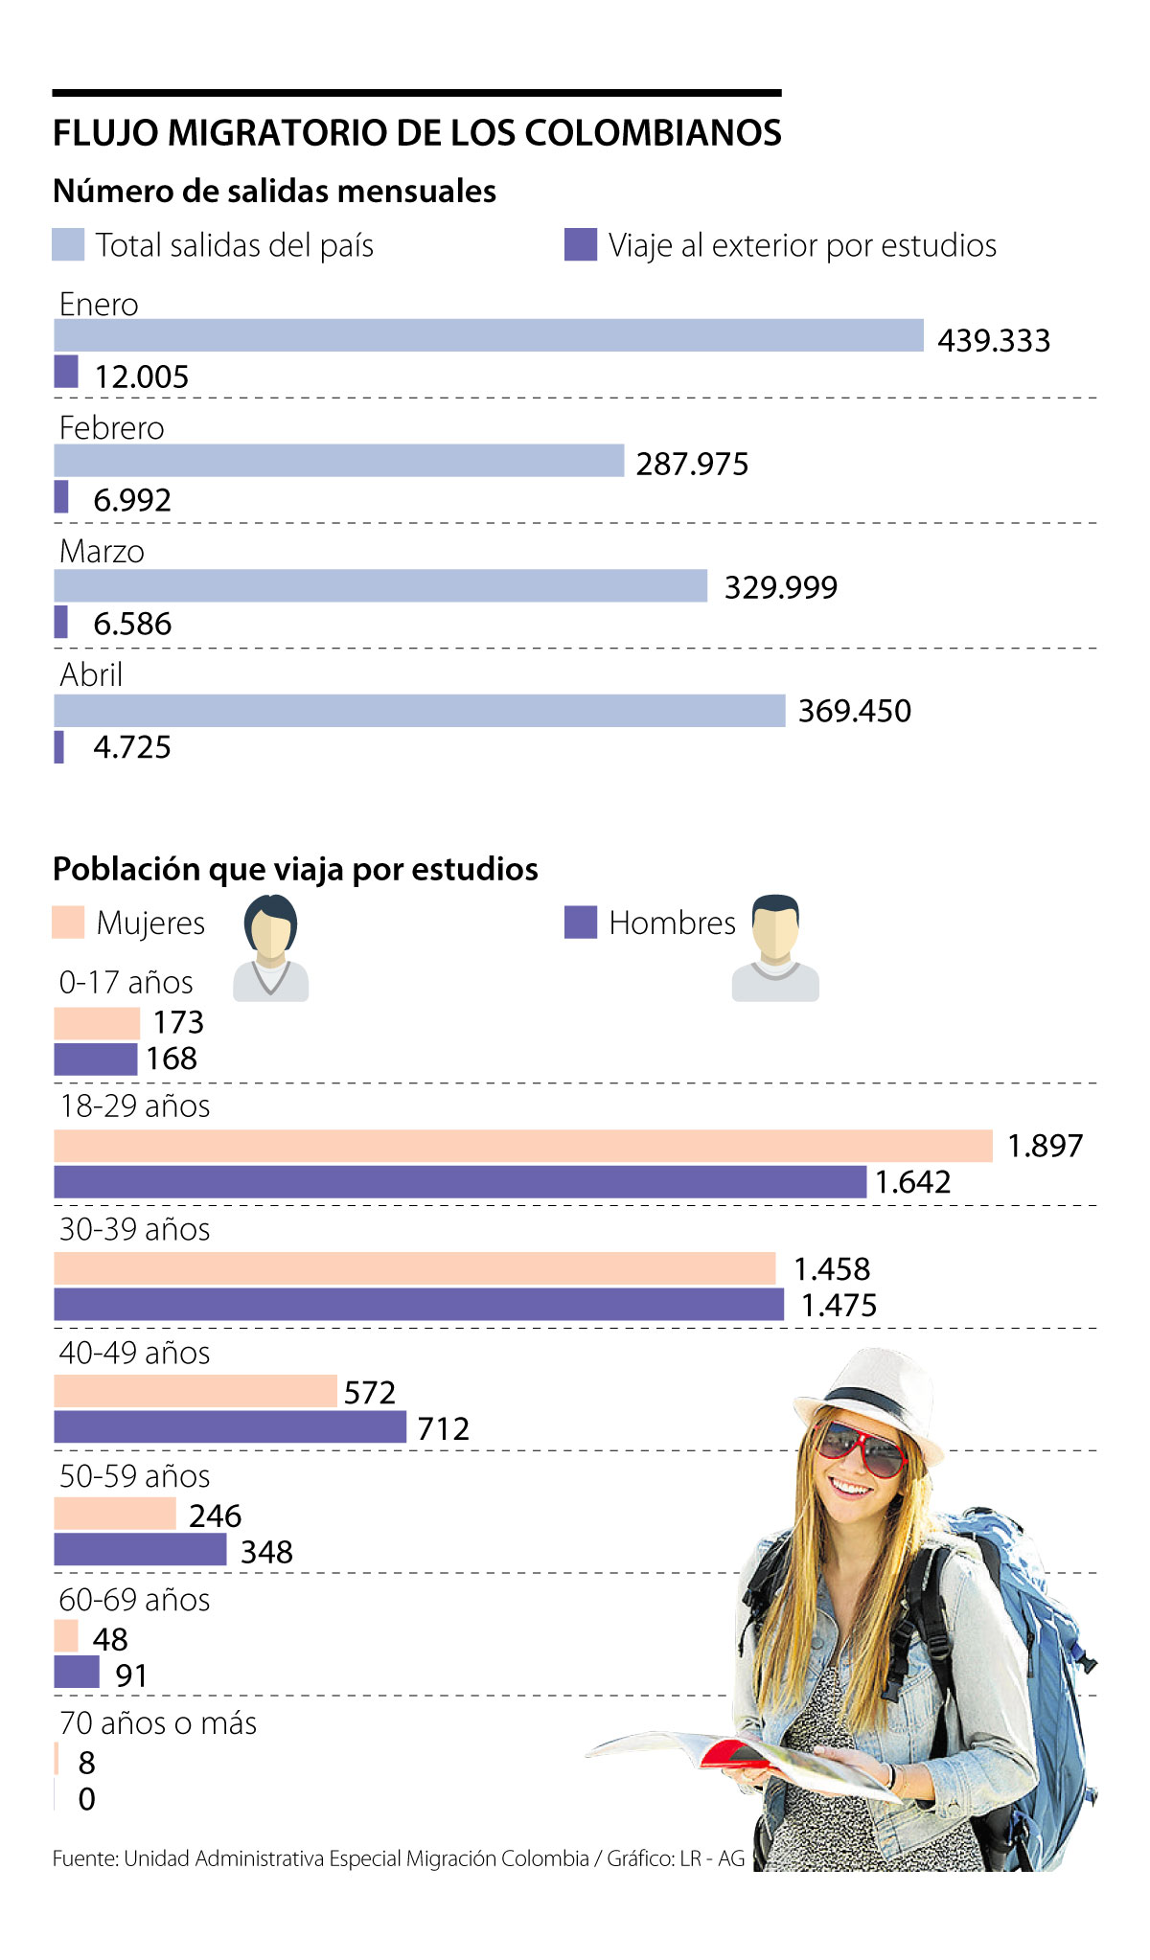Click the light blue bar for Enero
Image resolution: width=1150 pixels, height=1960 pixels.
coord(489,335)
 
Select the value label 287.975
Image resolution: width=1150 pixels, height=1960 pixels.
coord(692,464)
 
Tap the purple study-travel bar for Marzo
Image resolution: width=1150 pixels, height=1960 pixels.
coord(61,622)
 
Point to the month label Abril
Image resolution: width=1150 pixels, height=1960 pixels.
coord(91,674)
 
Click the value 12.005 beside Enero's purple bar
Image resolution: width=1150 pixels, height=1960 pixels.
coord(141,376)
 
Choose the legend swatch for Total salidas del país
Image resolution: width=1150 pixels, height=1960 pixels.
coord(68,245)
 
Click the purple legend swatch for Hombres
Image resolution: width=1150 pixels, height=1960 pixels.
coord(581,922)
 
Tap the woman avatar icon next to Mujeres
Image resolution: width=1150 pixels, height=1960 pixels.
coord(271,948)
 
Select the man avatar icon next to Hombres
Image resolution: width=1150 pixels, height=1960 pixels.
coord(775,948)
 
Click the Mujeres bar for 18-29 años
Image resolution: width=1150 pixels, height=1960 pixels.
coord(522,1146)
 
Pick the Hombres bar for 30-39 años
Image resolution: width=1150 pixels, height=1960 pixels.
coord(419,1305)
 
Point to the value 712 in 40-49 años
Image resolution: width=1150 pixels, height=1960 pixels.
coord(444,1428)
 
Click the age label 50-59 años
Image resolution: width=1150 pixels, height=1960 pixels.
coord(134,1476)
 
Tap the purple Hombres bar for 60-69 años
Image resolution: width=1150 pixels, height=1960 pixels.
coord(77,1673)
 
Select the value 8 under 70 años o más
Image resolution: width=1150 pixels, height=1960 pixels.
coord(87,1763)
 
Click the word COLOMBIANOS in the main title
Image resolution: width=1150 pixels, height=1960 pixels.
coord(654,133)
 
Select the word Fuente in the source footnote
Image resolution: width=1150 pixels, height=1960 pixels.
coord(83,1858)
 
